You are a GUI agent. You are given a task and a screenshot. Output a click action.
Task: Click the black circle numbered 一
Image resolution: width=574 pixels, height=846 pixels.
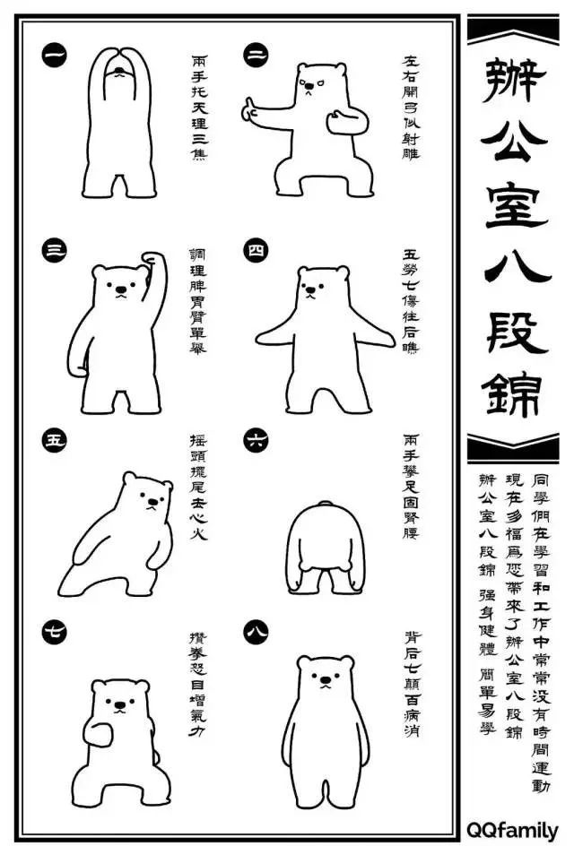coord(54,54)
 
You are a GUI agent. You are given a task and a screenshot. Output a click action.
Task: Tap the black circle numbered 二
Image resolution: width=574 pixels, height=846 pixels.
coord(256,54)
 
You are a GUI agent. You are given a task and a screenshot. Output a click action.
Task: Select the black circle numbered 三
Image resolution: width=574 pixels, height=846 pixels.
coord(54,250)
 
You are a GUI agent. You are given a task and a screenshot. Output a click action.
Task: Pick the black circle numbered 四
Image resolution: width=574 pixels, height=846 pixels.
coord(256,250)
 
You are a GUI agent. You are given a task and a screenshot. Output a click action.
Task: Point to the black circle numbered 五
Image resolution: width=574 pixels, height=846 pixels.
coord(54,440)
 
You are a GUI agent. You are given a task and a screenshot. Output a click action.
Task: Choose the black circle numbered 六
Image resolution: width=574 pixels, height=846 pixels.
coord(256,440)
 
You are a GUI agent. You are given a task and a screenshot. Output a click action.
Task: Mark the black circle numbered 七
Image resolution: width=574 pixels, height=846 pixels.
coord(54,632)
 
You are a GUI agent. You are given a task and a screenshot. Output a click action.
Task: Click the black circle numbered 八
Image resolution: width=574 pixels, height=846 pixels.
coord(256,632)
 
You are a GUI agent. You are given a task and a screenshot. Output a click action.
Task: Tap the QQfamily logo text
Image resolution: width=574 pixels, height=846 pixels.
coord(512,831)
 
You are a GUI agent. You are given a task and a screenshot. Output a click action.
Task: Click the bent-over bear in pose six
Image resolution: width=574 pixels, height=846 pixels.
coord(325,548)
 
